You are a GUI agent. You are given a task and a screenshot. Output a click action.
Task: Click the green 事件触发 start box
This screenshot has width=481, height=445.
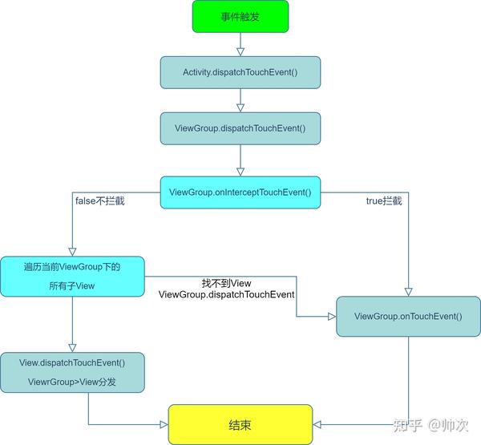click(x=240, y=16)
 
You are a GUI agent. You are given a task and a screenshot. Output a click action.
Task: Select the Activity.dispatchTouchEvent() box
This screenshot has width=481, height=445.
click(x=240, y=71)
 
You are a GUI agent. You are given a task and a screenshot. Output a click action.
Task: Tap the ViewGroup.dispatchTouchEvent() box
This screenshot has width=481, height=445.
click(x=240, y=127)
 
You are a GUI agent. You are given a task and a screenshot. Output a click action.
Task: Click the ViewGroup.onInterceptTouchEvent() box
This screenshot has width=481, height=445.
click(x=240, y=192)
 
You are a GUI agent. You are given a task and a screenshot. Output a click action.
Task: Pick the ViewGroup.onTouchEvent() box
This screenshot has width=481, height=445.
click(x=408, y=316)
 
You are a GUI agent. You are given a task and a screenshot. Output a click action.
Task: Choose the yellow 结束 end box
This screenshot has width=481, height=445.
click(x=240, y=424)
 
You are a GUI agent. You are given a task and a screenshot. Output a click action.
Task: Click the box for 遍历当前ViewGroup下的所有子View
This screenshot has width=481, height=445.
click(x=72, y=276)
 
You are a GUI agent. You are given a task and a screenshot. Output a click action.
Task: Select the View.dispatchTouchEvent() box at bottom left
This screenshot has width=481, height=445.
click(x=72, y=372)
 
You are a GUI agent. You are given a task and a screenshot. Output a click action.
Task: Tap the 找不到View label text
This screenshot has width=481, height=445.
click(x=226, y=283)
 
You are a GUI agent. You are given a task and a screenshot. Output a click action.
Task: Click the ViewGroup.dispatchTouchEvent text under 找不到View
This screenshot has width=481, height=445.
click(x=227, y=295)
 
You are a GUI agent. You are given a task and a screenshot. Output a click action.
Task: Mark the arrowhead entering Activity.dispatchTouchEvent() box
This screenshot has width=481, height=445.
click(x=240, y=51)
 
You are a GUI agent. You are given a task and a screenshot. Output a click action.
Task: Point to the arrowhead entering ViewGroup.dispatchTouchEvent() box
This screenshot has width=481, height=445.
click(x=240, y=107)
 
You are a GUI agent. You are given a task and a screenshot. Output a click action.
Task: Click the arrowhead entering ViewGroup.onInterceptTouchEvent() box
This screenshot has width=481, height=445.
click(x=240, y=172)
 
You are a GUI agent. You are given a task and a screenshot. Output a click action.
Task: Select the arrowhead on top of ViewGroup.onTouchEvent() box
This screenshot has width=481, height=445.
click(x=409, y=291)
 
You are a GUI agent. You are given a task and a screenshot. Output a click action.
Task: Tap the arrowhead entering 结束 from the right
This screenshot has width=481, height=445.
click(x=317, y=424)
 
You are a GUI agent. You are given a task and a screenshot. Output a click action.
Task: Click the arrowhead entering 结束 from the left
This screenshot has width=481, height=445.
click(x=163, y=424)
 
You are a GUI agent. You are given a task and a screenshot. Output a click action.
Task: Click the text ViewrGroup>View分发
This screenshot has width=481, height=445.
click(x=72, y=382)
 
